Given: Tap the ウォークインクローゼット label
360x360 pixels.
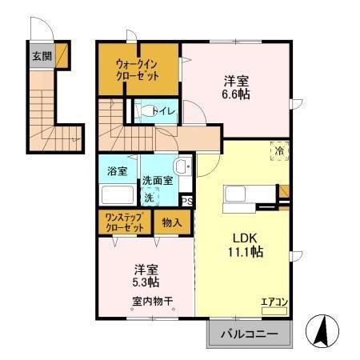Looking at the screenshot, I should pyautogui.click(x=137, y=69).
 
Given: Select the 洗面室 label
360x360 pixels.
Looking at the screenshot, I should pyautogui.click(x=158, y=181).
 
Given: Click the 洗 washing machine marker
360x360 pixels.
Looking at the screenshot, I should pyautogui.click(x=150, y=197).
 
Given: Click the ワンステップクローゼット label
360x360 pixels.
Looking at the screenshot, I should pyautogui.click(x=124, y=223).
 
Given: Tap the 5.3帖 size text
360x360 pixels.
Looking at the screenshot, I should pyautogui.click(x=145, y=282).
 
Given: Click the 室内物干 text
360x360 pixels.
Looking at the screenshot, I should pyautogui.click(x=152, y=302).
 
